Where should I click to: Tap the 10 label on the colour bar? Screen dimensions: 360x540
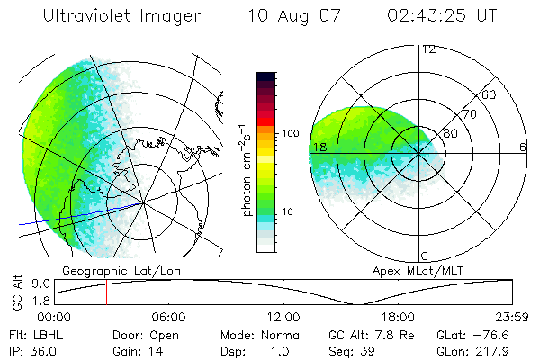[291, 211]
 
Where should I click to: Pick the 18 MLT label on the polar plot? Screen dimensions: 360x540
[318, 147]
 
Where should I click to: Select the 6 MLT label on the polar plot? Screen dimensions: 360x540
[522, 147]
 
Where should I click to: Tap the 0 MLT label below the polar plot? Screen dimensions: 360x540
[426, 256]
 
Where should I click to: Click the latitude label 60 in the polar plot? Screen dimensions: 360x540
[490, 94]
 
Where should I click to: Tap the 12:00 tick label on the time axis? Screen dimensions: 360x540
[283, 317]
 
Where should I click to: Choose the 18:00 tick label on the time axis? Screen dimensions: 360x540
[398, 317]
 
